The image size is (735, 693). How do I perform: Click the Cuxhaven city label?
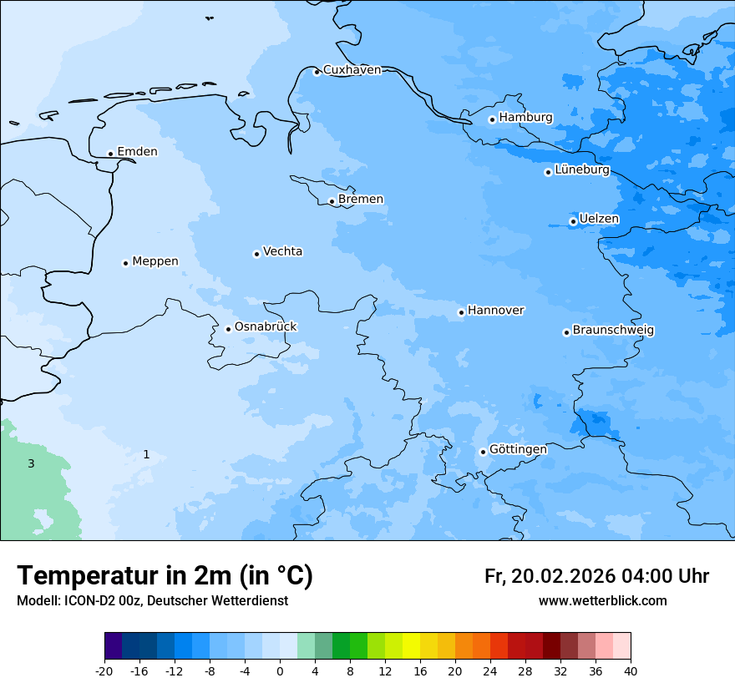pyautogui.click(x=352, y=70)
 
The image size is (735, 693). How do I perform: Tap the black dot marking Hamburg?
pyautogui.click(x=492, y=119)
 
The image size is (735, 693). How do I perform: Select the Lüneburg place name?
pyautogui.click(x=582, y=170)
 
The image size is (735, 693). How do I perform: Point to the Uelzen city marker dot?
pyautogui.click(x=573, y=221)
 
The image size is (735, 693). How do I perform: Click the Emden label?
pyautogui.click(x=137, y=152)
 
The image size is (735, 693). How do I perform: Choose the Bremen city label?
pyautogui.click(x=361, y=200)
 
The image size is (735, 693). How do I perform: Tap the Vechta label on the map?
pyautogui.click(x=282, y=251)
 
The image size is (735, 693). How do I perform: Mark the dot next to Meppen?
pyautogui.click(x=125, y=263)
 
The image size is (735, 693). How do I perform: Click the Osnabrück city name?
pyautogui.click(x=266, y=327)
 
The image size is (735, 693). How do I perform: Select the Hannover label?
pyautogui.click(x=495, y=311)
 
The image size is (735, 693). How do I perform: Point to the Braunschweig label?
pyautogui.click(x=613, y=331)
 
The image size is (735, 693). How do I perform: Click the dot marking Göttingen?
pyautogui.click(x=483, y=452)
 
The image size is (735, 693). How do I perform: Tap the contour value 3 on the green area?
pyautogui.click(x=31, y=463)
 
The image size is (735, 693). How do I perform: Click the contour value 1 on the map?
pyautogui.click(x=146, y=454)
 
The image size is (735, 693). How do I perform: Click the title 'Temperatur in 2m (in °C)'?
pyautogui.click(x=165, y=576)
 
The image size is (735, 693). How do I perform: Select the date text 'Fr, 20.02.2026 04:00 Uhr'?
pyautogui.click(x=596, y=576)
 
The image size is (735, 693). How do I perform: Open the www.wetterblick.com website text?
pyautogui.click(x=602, y=601)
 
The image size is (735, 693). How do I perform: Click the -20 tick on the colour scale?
pyautogui.click(x=104, y=670)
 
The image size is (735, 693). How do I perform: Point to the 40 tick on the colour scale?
pyautogui.click(x=631, y=670)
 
